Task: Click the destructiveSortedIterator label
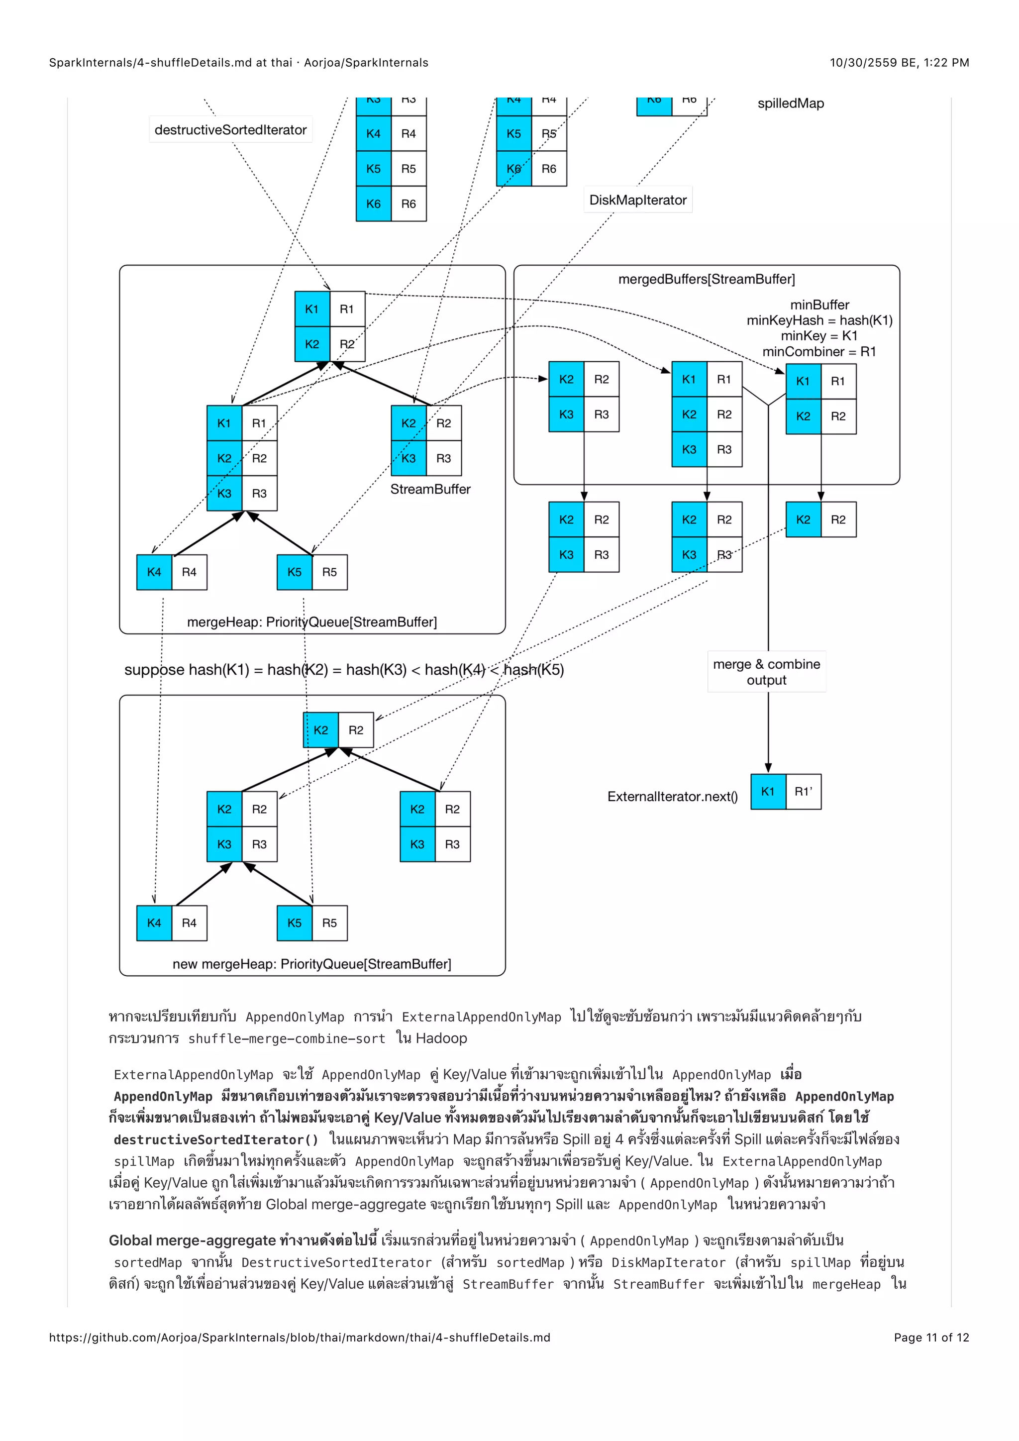(230, 130)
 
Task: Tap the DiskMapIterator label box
(637, 200)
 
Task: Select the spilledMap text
(791, 103)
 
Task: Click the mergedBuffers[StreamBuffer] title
(707, 279)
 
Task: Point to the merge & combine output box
(766, 672)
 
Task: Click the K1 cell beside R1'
(768, 792)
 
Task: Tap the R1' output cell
(803, 792)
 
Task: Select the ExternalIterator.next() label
(672, 797)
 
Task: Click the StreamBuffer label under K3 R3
(430, 490)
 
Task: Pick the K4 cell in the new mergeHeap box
(154, 923)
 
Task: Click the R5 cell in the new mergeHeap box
(329, 923)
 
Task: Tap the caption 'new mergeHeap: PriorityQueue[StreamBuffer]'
(312, 964)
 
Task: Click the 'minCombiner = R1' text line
(819, 351)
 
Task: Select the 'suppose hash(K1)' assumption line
(344, 670)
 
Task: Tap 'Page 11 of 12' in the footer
(931, 1338)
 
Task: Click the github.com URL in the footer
(300, 1338)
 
